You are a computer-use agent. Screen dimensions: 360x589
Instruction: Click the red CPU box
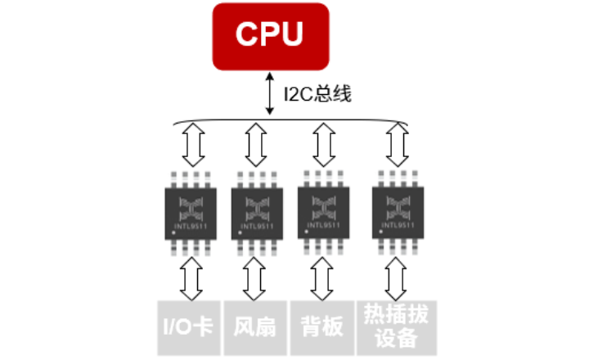(270, 35)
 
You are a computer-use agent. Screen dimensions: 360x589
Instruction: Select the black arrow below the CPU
(270, 95)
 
